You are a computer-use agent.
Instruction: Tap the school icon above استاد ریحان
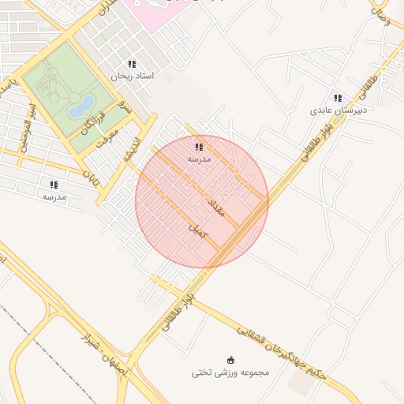click(132, 63)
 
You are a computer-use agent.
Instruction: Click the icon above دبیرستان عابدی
click(338, 99)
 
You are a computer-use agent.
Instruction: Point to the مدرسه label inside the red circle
click(198, 159)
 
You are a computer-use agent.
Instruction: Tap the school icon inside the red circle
click(198, 147)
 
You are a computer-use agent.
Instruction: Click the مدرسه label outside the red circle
click(54, 196)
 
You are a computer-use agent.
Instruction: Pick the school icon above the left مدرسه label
click(54, 184)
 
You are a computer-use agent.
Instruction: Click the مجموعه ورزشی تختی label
click(230, 372)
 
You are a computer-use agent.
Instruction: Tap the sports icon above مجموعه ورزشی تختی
click(230, 359)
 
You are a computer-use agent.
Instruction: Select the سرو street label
click(123, 104)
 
